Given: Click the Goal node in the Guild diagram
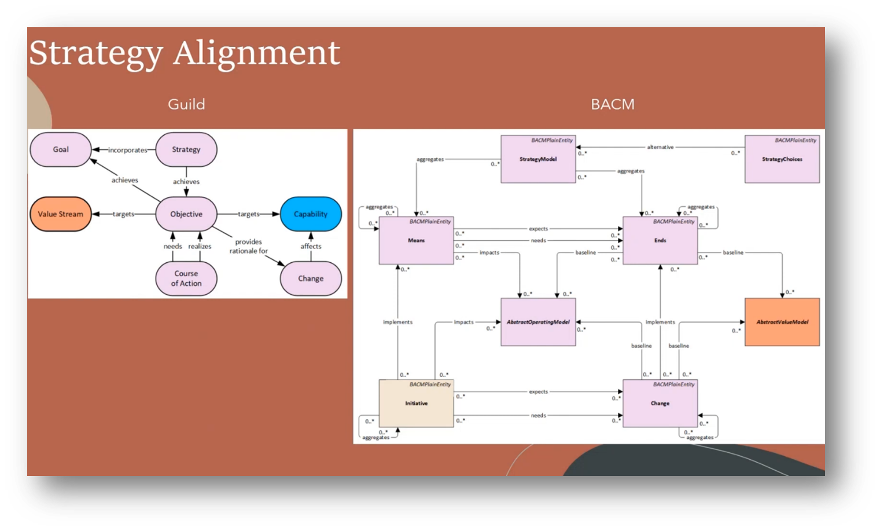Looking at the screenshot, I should (x=61, y=149).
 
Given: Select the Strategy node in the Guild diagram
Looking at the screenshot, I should (x=186, y=149).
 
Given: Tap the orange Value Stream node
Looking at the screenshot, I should (x=61, y=214).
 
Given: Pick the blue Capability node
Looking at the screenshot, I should (x=311, y=214).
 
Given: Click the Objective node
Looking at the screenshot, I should (x=186, y=214).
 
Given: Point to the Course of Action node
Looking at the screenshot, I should (x=186, y=279).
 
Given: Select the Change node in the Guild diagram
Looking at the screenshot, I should (x=311, y=279).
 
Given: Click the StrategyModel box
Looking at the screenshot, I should (x=538, y=159).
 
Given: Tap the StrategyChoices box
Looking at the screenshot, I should (x=782, y=159).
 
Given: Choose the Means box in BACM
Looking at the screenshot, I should (x=416, y=240).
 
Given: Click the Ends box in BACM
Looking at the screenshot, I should (x=660, y=240).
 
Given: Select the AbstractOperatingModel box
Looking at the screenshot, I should (x=538, y=322).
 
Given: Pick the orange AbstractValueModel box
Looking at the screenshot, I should (x=782, y=322).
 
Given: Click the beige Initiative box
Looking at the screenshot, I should (x=416, y=404).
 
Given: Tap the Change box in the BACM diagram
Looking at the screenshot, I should (x=660, y=404).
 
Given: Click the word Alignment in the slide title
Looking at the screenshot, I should (x=256, y=53).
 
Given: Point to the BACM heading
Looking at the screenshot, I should (x=613, y=104).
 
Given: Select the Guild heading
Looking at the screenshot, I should (x=186, y=104).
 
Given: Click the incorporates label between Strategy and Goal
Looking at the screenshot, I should (x=128, y=150).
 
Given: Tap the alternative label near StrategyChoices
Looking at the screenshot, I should (x=660, y=147).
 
